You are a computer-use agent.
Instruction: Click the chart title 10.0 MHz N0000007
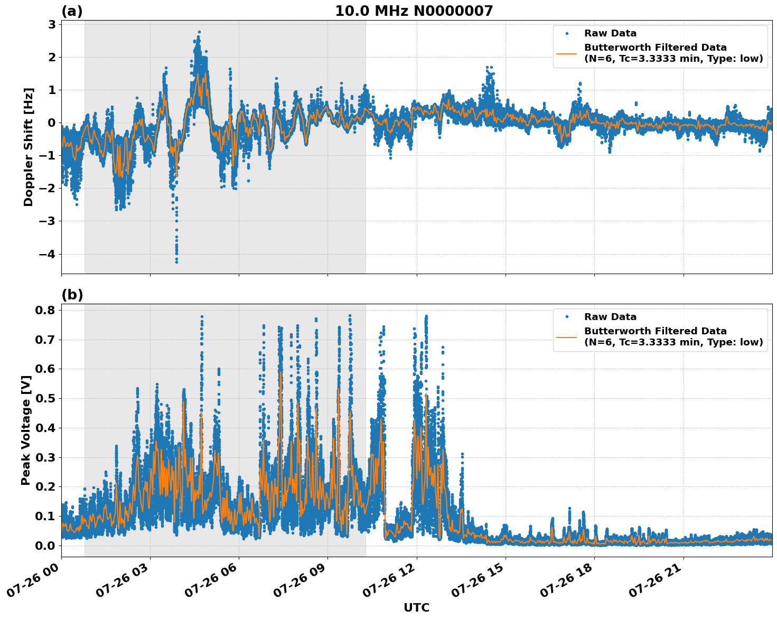pyautogui.click(x=414, y=11)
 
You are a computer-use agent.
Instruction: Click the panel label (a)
pyautogui.click(x=72, y=11)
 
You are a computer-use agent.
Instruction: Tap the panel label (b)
pyautogui.click(x=72, y=295)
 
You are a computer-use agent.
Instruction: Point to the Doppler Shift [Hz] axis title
pyautogui.click(x=29, y=147)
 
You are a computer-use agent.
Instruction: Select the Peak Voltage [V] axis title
pyautogui.click(x=26, y=430)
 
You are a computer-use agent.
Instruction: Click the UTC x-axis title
pyautogui.click(x=416, y=607)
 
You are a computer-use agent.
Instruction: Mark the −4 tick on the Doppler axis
pyautogui.click(x=48, y=254)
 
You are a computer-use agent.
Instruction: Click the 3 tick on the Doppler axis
pyautogui.click(x=52, y=24)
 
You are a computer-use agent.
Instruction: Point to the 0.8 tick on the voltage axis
pyautogui.click(x=45, y=310)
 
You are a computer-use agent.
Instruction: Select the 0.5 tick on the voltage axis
pyautogui.click(x=45, y=398)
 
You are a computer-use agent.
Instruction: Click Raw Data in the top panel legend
pyautogui.click(x=610, y=33)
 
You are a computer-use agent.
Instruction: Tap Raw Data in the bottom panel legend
pyautogui.click(x=610, y=317)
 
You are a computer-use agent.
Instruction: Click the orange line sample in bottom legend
pyautogui.click(x=567, y=336)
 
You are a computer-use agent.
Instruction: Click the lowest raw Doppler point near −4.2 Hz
pyautogui.click(x=176, y=261)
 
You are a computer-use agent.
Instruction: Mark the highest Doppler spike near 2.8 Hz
pyautogui.click(x=199, y=32)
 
